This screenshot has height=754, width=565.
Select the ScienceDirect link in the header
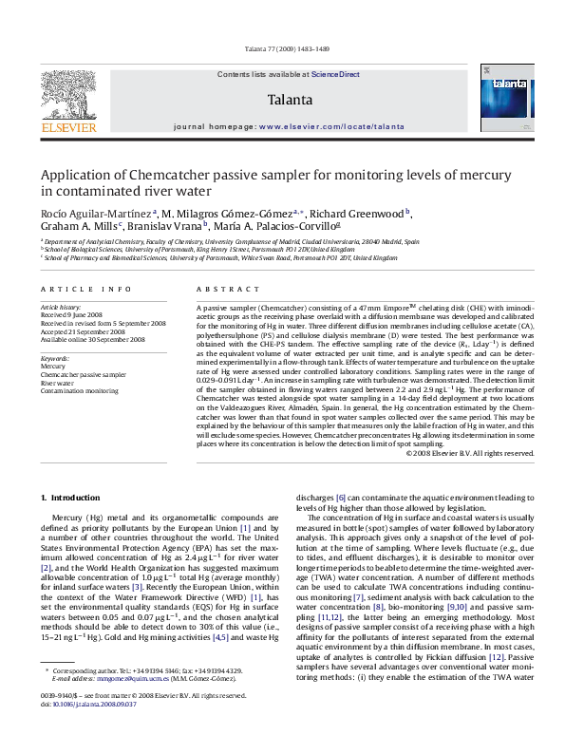(x=337, y=74)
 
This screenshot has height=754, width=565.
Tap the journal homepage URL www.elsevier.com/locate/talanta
(x=329, y=125)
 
